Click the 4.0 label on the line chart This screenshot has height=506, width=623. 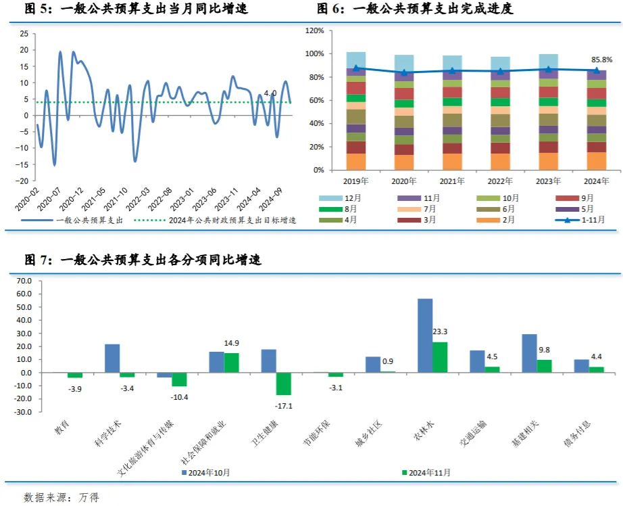pos(270,93)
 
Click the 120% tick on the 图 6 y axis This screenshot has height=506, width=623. pos(316,30)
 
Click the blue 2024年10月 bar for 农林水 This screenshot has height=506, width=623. pos(425,336)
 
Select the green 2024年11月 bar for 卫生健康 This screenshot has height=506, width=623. pos(283,384)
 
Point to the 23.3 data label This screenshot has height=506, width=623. pos(440,331)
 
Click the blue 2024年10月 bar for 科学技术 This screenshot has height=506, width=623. pos(112,359)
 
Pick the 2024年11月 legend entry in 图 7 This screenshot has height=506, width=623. pos(426,472)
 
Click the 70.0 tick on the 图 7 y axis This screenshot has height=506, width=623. pos(24,281)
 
